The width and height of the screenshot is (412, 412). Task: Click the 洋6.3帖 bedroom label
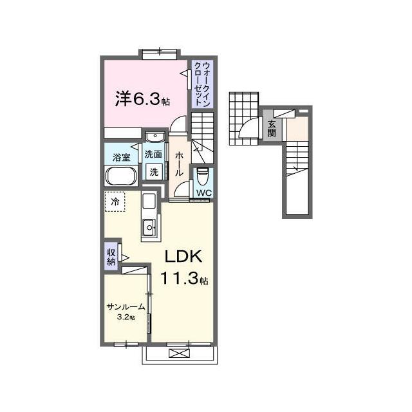[x=142, y=98]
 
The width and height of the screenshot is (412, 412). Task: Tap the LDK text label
[x=183, y=256]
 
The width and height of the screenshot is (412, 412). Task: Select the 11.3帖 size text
[x=184, y=278]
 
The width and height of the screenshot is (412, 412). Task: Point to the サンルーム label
[x=126, y=306]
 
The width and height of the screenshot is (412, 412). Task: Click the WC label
[x=204, y=193]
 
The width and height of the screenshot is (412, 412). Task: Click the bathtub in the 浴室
[x=121, y=176]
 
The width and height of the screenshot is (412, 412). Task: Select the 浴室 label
[x=122, y=157]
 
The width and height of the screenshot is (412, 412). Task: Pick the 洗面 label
[x=153, y=154]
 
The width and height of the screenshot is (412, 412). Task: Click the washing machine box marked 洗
[x=154, y=172]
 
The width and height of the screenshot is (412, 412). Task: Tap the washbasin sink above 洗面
[x=155, y=136]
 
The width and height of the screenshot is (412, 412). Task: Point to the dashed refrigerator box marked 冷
[x=115, y=201]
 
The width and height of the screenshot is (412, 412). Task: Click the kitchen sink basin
[x=149, y=227]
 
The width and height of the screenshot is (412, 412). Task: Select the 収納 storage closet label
[x=111, y=257]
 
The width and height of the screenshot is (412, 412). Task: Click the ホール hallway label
[x=179, y=164]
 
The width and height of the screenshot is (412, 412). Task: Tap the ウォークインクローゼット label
[x=202, y=84]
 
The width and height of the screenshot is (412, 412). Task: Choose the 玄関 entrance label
[x=272, y=129]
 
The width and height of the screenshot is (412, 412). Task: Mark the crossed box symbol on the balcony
[x=179, y=353]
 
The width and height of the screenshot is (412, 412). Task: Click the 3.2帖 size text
[x=126, y=317]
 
